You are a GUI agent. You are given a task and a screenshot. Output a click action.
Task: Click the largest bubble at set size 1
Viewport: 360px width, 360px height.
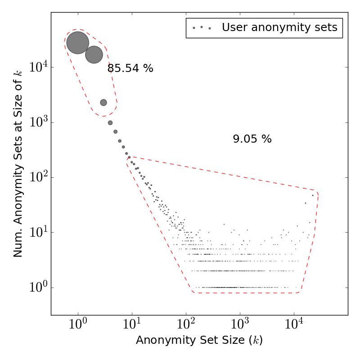(78, 43)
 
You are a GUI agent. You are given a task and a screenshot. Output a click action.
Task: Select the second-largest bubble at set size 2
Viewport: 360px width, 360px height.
(94, 54)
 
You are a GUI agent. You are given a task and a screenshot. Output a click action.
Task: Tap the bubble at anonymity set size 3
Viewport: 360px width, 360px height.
(103, 103)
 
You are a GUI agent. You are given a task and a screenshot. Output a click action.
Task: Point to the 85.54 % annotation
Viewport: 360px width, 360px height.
(130, 69)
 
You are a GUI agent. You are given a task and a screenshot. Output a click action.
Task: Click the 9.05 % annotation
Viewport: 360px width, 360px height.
(252, 139)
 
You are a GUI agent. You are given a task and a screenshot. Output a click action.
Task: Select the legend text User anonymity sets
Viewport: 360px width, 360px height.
(279, 27)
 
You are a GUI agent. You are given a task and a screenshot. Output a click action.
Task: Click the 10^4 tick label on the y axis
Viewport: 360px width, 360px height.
(39, 68)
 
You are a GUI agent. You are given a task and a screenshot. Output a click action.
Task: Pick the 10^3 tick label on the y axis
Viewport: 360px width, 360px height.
(39, 123)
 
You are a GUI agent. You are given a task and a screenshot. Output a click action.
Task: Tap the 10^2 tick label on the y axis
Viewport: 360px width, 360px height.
(39, 178)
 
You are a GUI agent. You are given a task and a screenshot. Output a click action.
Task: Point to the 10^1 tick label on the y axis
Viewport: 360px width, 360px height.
(39, 233)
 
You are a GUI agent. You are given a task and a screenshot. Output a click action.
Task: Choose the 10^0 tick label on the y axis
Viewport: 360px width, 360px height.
(39, 288)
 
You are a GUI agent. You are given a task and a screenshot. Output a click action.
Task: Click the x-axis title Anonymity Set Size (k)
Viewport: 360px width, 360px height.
(199, 341)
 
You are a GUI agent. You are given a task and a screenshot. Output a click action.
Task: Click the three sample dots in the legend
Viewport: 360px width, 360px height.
(202, 28)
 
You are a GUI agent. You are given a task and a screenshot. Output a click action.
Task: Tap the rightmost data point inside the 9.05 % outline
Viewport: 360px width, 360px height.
(313, 195)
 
